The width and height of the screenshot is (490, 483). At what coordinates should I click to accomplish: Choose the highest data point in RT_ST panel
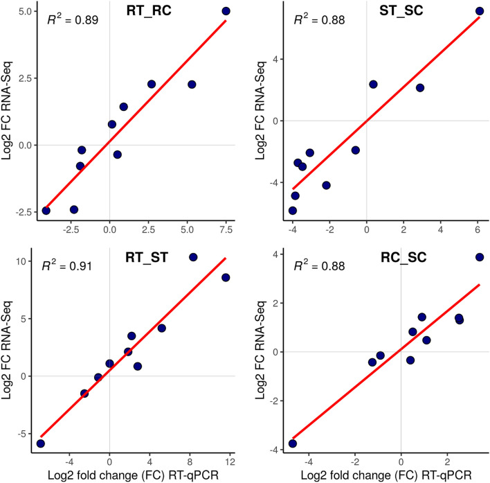coord(194,257)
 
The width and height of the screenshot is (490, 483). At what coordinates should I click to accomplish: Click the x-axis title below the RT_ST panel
coord(134,474)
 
